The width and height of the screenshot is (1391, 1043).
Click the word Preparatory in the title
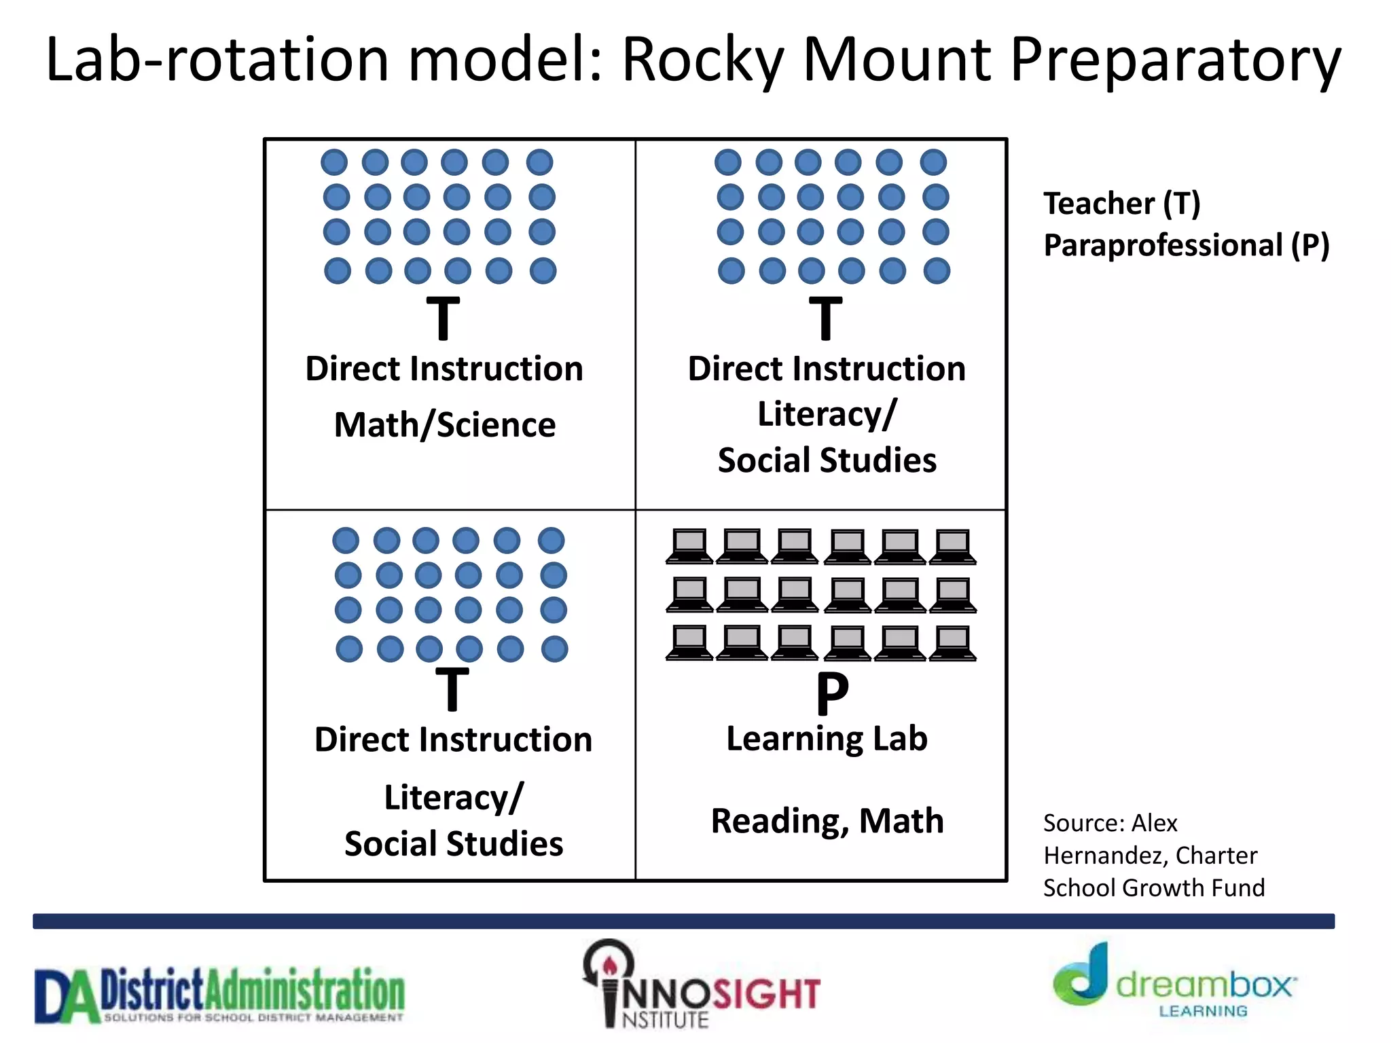1175,61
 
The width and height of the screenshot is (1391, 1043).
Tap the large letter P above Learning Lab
832,693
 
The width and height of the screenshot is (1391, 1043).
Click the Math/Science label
445,425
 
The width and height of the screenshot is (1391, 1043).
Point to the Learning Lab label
827,739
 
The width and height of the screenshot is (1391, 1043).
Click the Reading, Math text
827,821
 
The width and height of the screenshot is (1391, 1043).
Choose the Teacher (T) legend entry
1122,204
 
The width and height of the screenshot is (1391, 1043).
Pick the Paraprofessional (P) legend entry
1186,245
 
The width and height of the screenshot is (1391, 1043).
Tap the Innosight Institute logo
701,985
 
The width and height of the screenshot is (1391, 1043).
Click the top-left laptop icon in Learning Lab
689,547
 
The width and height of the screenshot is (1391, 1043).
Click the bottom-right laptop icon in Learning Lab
953,643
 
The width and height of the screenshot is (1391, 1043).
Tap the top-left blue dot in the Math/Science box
334,162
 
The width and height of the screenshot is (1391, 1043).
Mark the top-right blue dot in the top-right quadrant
933,162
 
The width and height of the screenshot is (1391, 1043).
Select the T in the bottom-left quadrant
452,689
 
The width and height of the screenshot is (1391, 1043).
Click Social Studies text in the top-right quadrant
827,460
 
